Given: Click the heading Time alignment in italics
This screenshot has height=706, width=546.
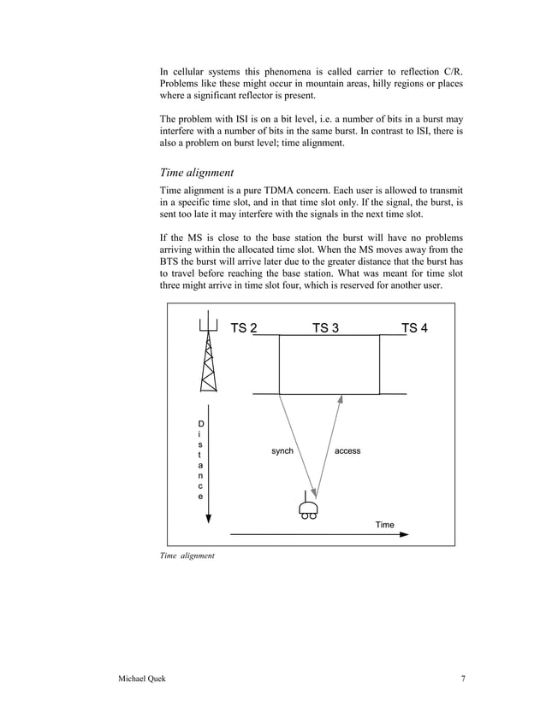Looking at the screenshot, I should point(203,172).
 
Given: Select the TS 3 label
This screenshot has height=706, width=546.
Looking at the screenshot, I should point(325,328).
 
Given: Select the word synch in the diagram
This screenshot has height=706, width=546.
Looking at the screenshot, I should point(282,450).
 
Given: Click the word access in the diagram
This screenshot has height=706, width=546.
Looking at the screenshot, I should point(347,450).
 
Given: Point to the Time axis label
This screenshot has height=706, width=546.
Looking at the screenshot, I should point(385,524).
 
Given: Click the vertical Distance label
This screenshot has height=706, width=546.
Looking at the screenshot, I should point(201,459).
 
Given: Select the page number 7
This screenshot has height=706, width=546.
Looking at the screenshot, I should point(463,680).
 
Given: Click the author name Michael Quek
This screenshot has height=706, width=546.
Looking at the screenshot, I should point(144,680).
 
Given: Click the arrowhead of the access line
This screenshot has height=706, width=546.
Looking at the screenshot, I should point(341,399).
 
